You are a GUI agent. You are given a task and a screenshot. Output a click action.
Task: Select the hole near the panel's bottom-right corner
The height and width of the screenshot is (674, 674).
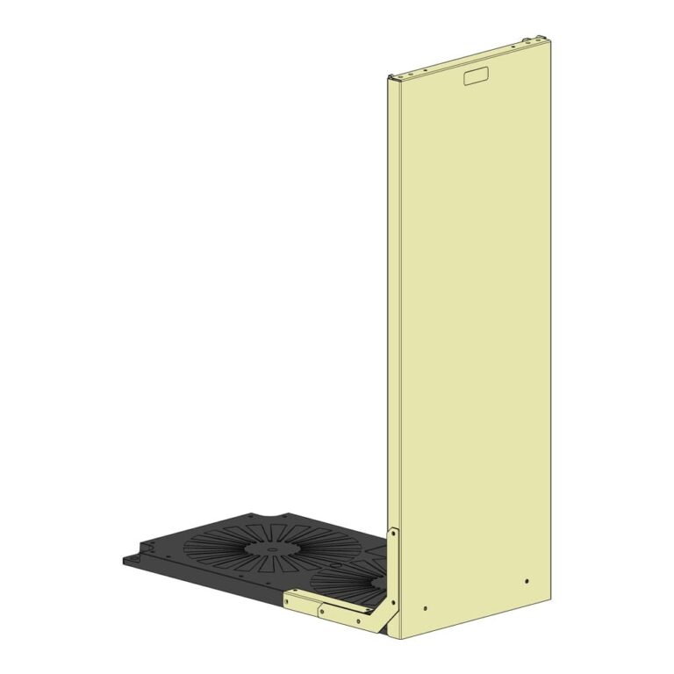click(x=526, y=581)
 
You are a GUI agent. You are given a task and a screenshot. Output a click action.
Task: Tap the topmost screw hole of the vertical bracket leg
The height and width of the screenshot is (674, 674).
click(x=393, y=533)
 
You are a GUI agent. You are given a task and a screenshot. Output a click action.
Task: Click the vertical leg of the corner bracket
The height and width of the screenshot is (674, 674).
click(x=393, y=570)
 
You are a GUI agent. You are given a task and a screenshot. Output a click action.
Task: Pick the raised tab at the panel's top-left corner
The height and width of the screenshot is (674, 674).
click(x=392, y=76)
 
